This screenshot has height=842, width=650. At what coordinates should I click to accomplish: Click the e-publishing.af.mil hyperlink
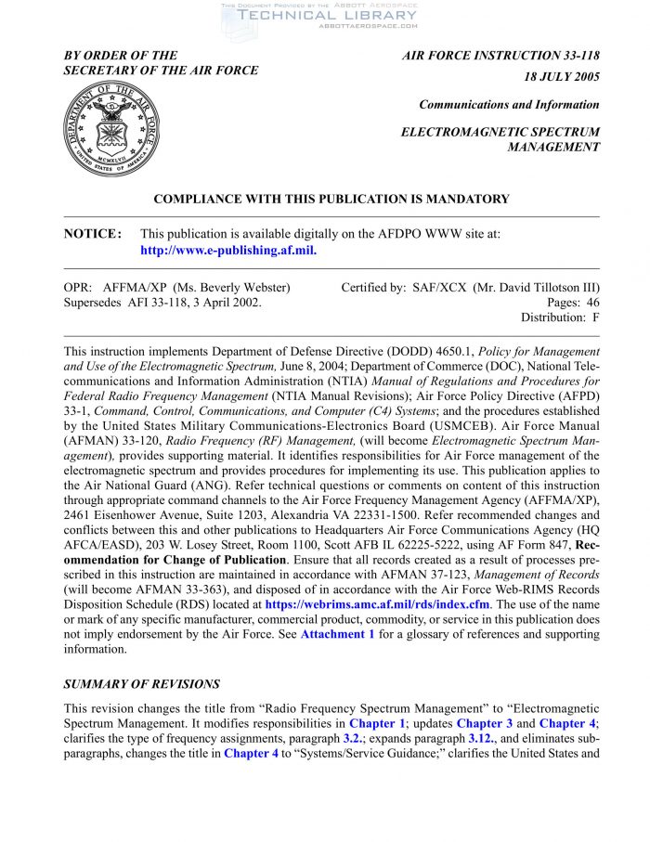(228, 251)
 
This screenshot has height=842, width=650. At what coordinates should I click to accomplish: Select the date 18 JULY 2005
(562, 77)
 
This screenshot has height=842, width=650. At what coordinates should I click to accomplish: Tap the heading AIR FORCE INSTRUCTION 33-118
(500, 57)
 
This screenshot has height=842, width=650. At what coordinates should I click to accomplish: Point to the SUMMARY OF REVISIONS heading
(142, 684)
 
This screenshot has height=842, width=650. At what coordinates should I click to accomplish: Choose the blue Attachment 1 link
(337, 634)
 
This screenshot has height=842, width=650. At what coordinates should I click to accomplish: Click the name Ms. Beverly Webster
(239, 287)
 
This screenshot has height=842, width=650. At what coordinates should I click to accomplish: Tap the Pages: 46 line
(573, 302)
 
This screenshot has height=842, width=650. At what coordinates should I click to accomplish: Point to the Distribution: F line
(560, 317)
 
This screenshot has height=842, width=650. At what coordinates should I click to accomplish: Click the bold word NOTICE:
(93, 235)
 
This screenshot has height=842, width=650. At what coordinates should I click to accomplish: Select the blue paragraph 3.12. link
(480, 738)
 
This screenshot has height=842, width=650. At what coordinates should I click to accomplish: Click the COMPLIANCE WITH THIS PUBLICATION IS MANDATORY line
(331, 199)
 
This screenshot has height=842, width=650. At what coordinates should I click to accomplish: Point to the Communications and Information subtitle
(509, 105)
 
